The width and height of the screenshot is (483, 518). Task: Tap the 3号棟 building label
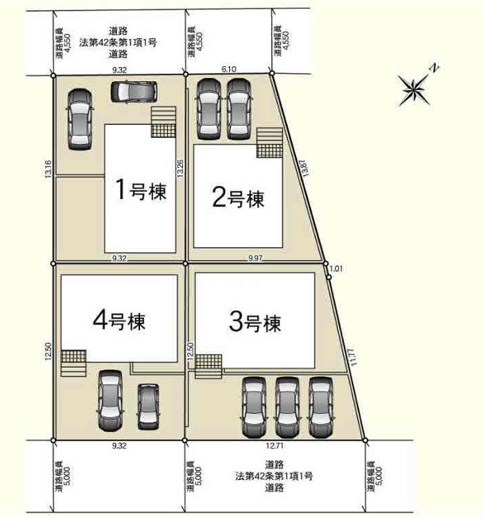pyautogui.click(x=255, y=323)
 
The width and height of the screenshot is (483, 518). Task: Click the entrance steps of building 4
pyautogui.click(x=73, y=363)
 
